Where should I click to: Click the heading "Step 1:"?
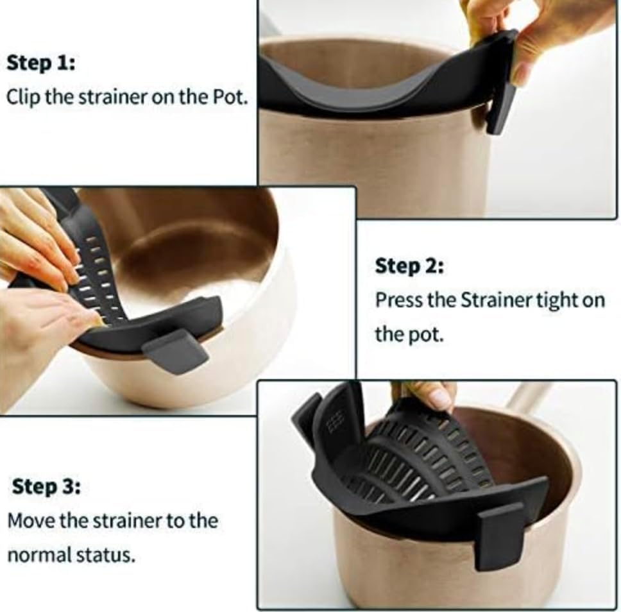pyautogui.click(x=39, y=63)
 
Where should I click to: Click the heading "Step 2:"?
pyautogui.click(x=409, y=266)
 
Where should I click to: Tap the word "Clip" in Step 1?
pyautogui.click(x=21, y=98)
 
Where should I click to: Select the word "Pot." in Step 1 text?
pyautogui.click(x=230, y=98)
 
